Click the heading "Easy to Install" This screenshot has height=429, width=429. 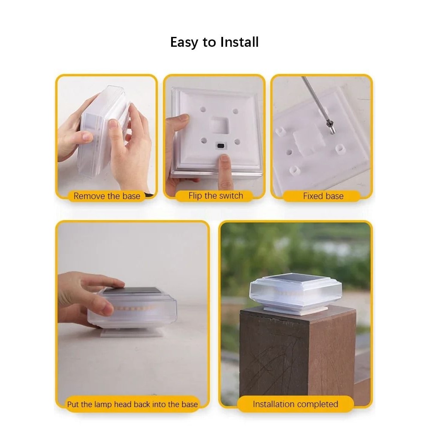coord(214,42)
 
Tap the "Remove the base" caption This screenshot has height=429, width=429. coord(107,196)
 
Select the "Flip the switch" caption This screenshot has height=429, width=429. coord(216,196)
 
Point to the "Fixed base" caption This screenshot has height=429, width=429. coord(323,196)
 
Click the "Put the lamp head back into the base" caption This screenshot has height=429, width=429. coord(133,404)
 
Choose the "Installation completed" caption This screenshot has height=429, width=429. coord(295,404)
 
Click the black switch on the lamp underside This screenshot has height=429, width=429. coord(221,145)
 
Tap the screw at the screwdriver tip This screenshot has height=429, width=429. coord(331,127)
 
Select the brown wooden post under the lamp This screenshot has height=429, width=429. coord(297,356)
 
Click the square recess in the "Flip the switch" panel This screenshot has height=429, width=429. coord(219,125)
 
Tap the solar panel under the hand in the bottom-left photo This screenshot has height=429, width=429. coord(130,290)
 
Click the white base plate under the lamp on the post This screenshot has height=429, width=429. coord(296,310)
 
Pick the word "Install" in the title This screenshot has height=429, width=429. coord(239,42)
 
